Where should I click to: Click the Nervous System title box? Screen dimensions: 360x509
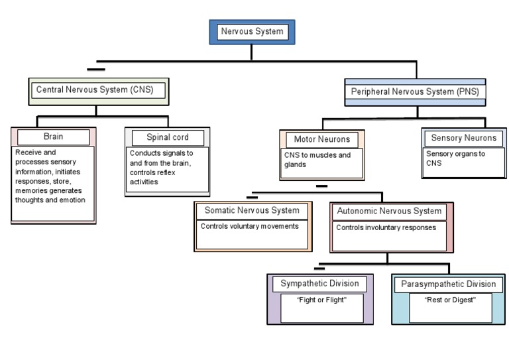click(x=252, y=31)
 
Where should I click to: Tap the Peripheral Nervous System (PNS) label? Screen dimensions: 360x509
click(x=415, y=92)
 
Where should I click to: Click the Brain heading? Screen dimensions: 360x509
click(x=54, y=137)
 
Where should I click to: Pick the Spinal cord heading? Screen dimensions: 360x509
click(x=168, y=137)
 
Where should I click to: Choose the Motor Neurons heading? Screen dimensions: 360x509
click(x=321, y=139)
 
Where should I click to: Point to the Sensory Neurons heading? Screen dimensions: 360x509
click(x=463, y=138)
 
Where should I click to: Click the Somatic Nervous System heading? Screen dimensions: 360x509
click(x=252, y=211)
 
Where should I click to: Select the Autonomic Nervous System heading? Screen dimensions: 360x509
click(x=389, y=211)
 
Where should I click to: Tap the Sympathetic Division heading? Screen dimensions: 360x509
click(x=319, y=284)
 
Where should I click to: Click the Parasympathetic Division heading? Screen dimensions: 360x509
click(x=448, y=284)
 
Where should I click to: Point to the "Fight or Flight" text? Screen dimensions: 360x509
click(x=322, y=300)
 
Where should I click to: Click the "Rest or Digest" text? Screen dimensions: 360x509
click(x=450, y=300)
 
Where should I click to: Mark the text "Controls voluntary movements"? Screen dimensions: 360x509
click(x=250, y=226)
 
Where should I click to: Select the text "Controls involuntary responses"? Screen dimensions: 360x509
click(x=386, y=227)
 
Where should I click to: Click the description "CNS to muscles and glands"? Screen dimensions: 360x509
click(x=313, y=160)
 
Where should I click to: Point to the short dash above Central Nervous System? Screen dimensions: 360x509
click(x=96, y=70)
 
